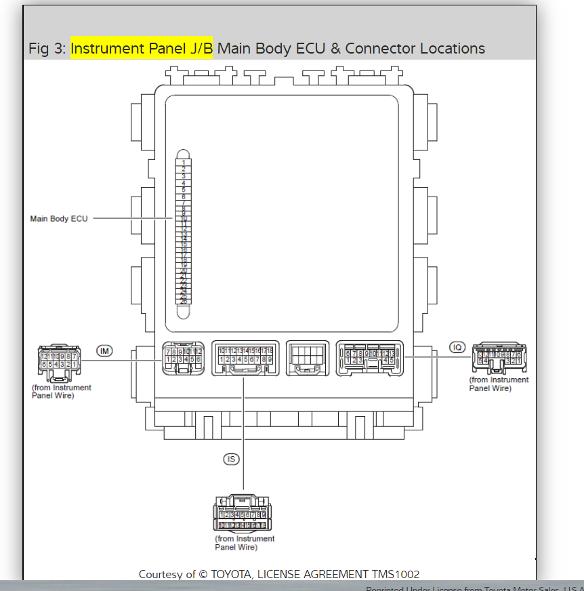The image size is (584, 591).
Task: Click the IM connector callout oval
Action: (x=104, y=350)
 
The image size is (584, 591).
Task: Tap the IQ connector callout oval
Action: (x=458, y=348)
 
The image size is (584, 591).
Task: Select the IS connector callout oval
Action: (x=232, y=459)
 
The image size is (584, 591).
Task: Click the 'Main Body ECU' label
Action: (x=59, y=219)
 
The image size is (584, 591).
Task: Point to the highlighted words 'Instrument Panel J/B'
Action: (x=141, y=48)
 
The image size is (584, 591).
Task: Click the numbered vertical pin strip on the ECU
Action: (x=184, y=231)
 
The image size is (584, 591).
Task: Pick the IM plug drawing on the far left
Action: (x=59, y=363)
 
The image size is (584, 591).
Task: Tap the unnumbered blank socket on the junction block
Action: (x=308, y=358)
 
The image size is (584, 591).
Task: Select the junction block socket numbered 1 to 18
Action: (x=245, y=357)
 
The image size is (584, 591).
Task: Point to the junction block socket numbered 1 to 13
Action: (x=370, y=357)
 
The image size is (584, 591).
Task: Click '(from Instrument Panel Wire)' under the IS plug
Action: (x=245, y=543)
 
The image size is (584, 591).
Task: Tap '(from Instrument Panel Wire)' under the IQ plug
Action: (x=499, y=384)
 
